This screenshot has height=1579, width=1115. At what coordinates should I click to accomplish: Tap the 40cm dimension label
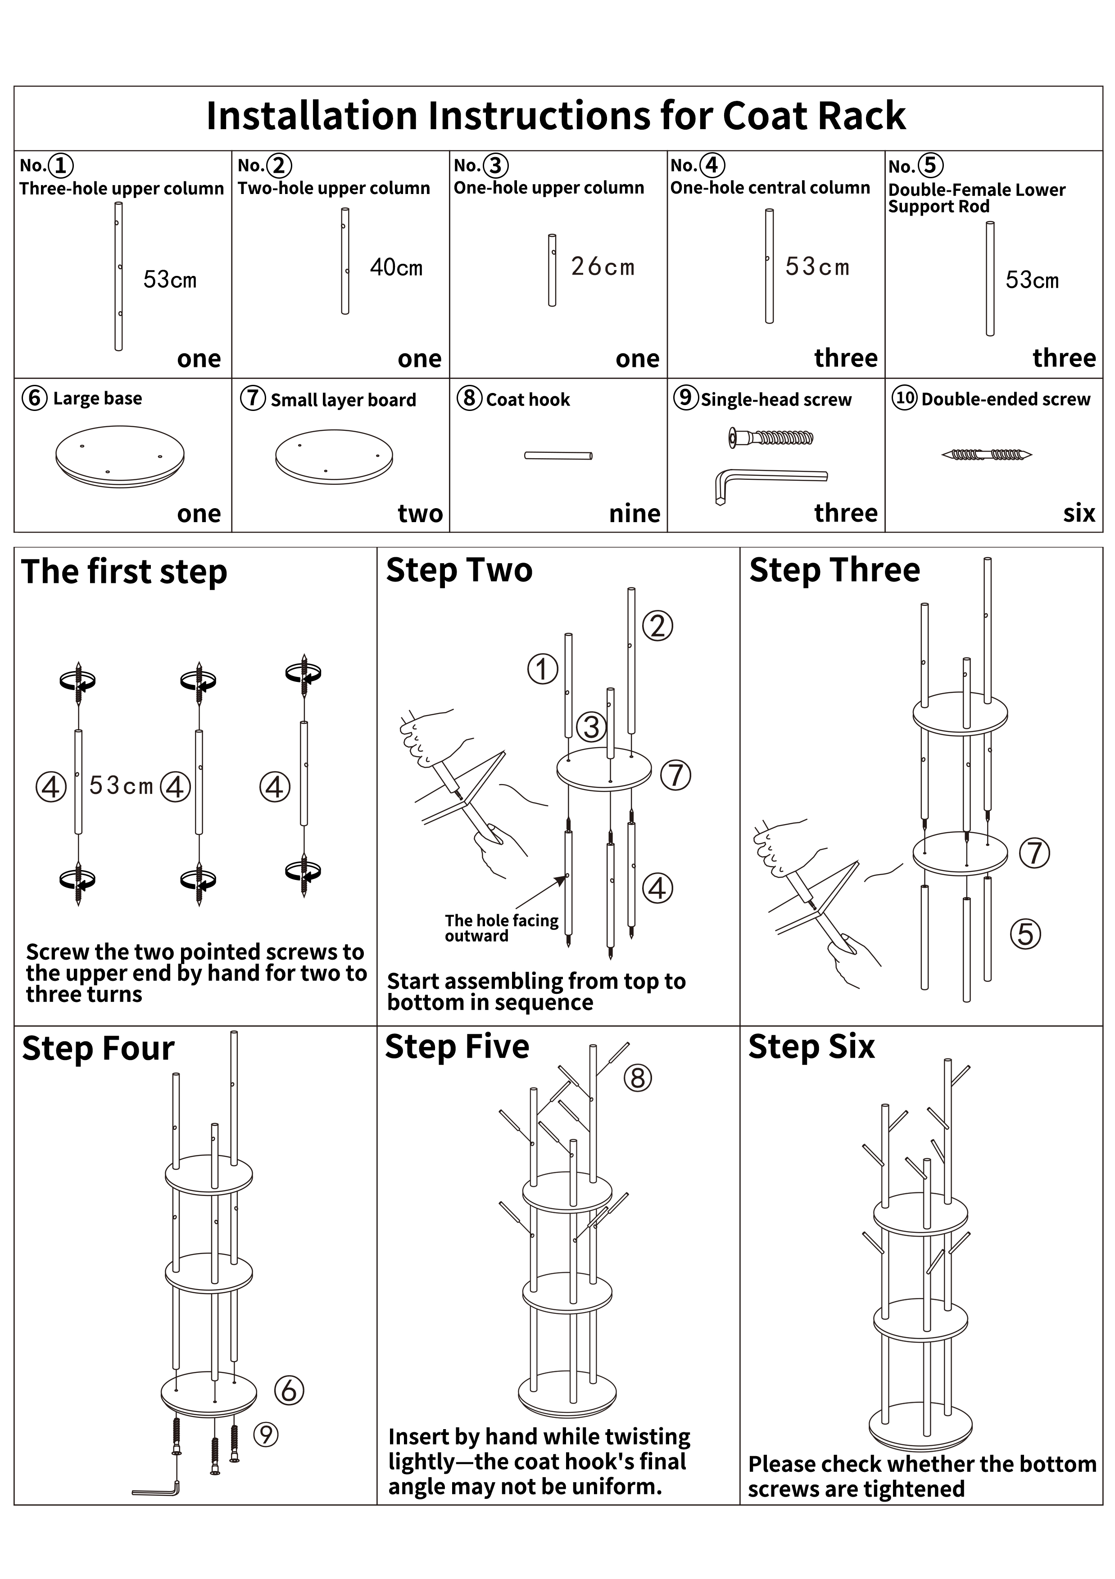pyautogui.click(x=396, y=267)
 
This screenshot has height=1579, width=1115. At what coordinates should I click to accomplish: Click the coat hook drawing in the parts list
pyautogui.click(x=558, y=455)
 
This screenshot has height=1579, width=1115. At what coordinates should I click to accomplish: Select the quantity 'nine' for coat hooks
pyautogui.click(x=634, y=513)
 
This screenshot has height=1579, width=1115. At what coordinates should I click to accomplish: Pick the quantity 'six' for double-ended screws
pyautogui.click(x=1079, y=513)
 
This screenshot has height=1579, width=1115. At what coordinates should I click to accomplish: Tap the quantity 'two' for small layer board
pyautogui.click(x=420, y=513)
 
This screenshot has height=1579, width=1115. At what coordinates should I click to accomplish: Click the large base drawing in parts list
pyautogui.click(x=120, y=453)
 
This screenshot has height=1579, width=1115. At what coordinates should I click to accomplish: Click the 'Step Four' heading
pyautogui.click(x=98, y=1049)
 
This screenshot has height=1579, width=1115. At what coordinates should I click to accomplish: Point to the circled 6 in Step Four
pyautogui.click(x=289, y=1390)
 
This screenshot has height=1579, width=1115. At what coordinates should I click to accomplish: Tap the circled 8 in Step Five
pyautogui.click(x=638, y=1078)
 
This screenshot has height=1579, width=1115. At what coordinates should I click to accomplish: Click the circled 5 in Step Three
pyautogui.click(x=1025, y=934)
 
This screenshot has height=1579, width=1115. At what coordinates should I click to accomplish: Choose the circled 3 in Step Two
pyautogui.click(x=591, y=727)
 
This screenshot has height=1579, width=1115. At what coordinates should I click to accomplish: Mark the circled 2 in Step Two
pyautogui.click(x=657, y=626)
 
